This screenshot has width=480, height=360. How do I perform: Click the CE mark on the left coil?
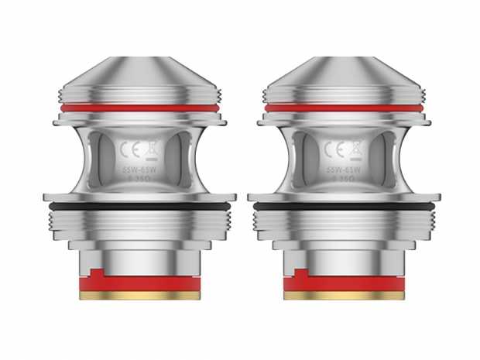click(131, 148)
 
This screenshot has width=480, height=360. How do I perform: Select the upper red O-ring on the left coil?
click(139, 108)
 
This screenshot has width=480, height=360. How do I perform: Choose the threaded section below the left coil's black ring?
click(139, 225)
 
